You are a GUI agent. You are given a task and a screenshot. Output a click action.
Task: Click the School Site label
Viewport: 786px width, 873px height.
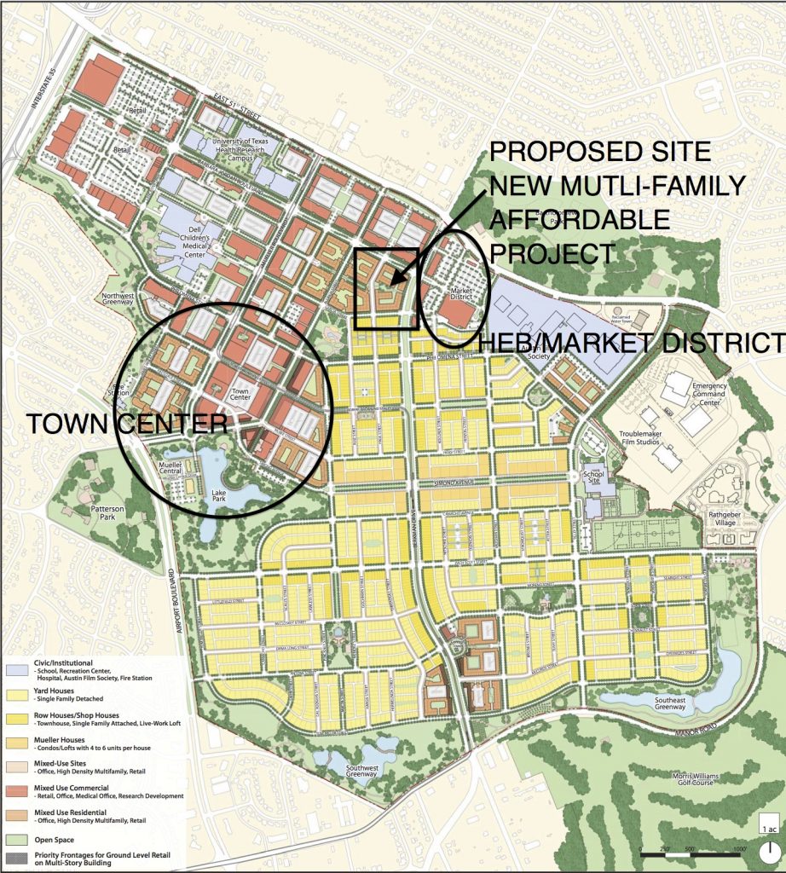coord(593,475)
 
